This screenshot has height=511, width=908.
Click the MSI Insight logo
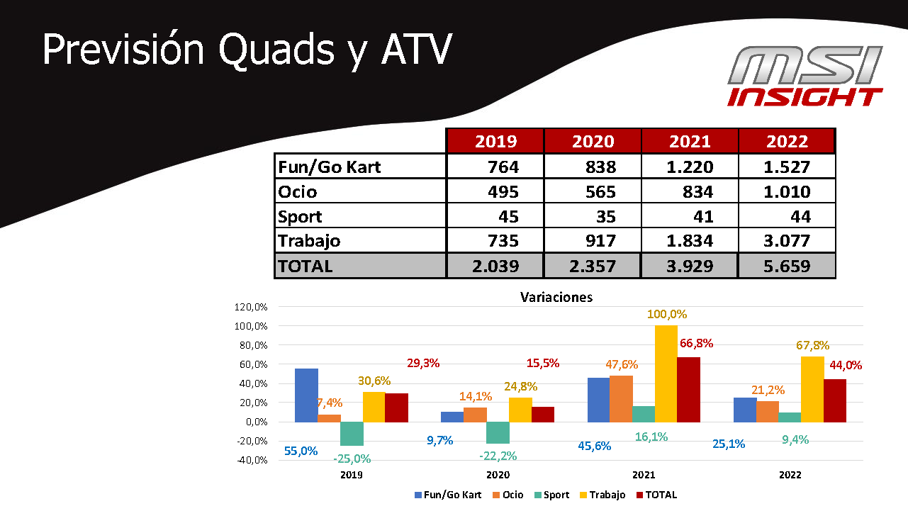(805, 76)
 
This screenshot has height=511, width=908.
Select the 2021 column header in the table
(690, 141)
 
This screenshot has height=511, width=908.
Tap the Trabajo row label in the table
(309, 240)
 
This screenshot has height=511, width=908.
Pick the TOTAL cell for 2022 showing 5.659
(787, 266)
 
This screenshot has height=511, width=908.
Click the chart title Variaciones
(556, 297)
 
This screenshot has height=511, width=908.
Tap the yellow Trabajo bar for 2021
(666, 374)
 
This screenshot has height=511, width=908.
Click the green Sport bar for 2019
(351, 434)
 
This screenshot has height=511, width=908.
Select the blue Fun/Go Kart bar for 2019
(306, 395)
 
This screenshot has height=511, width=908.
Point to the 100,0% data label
(667, 314)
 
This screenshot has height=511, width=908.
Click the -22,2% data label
(498, 455)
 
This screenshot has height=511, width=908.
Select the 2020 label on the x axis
(498, 474)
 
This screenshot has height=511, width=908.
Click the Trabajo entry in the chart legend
(605, 495)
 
